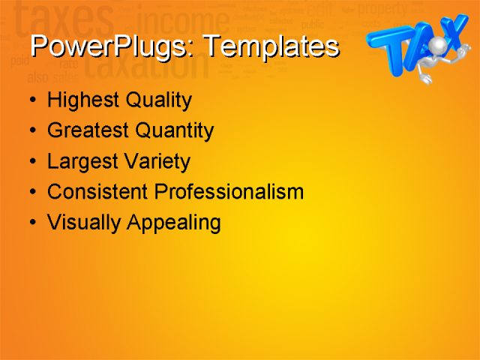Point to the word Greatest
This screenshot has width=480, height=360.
(x=88, y=131)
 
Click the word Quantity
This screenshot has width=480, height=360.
(x=175, y=131)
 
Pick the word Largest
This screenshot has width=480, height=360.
(x=82, y=162)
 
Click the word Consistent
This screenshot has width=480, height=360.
(x=97, y=192)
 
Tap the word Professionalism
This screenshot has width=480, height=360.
(x=228, y=192)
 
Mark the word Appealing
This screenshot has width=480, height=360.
(x=174, y=223)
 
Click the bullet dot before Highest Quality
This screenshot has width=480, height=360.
(x=31, y=100)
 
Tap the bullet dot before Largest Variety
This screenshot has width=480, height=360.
(x=31, y=162)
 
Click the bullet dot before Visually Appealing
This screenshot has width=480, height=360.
(x=31, y=223)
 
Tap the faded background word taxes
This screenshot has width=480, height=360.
(x=64, y=19)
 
